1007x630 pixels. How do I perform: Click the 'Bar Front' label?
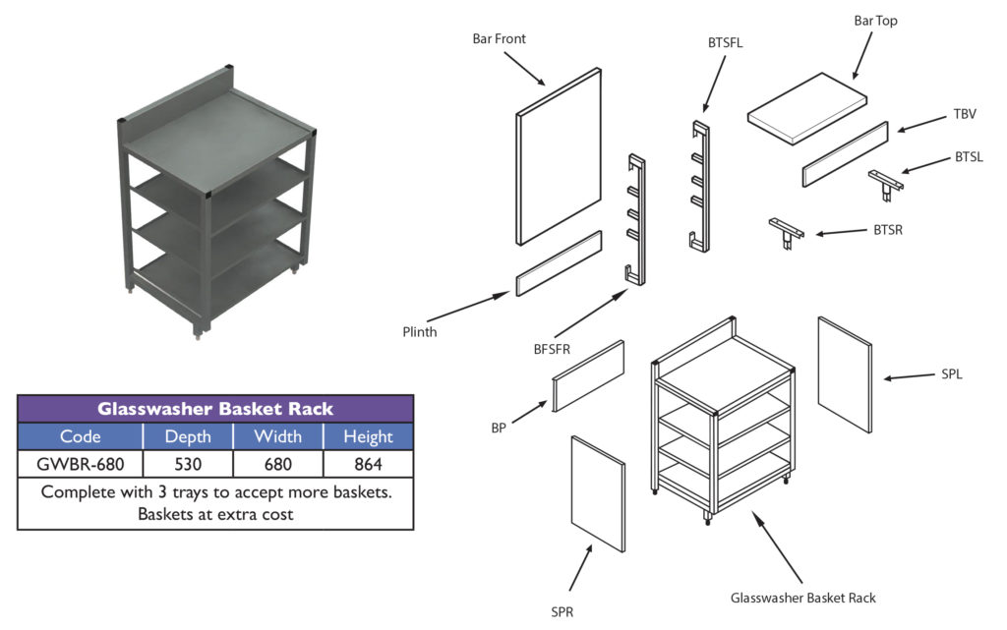[x=499, y=39]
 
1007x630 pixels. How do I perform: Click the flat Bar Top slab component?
[x=807, y=111]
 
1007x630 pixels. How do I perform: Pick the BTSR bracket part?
[x=786, y=233]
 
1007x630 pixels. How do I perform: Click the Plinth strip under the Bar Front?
[x=558, y=263]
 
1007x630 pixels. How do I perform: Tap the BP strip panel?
[x=588, y=375]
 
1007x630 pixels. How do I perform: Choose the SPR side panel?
[x=598, y=494]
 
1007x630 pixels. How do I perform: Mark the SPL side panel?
[x=845, y=374]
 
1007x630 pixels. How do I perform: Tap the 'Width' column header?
[x=278, y=436]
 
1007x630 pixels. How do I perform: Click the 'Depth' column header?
[x=187, y=436]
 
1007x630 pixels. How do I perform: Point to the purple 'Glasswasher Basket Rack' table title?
[x=215, y=409]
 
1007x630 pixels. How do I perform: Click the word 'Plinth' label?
[x=419, y=331]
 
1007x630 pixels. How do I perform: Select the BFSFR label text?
[x=540, y=348]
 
